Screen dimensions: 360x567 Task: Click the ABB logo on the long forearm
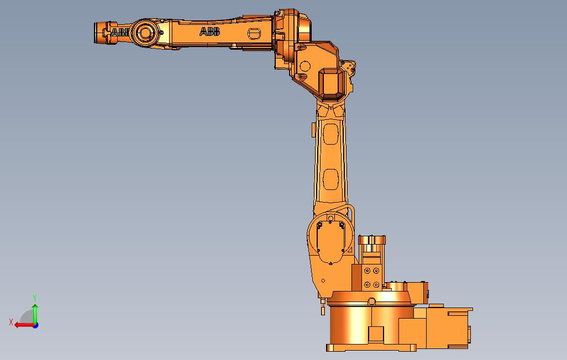pyautogui.click(x=209, y=32)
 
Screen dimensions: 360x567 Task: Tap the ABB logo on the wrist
pyautogui.click(x=119, y=33)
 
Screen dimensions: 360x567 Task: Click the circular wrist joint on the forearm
pyautogui.click(x=145, y=33)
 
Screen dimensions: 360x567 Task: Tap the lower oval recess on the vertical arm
pyautogui.click(x=330, y=179)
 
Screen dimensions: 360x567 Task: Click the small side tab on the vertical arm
pyautogui.click(x=313, y=130)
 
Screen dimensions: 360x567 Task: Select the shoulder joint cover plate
pyautogui.click(x=330, y=238)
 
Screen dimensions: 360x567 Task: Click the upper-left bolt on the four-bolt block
pyautogui.click(x=366, y=271)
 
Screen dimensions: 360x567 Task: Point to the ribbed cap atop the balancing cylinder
pyautogui.click(x=372, y=240)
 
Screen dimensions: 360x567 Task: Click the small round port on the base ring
pyautogui.click(x=372, y=301)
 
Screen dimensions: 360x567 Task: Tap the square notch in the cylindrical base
pyautogui.click(x=376, y=335)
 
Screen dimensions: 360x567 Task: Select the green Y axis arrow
pyautogui.click(x=35, y=313)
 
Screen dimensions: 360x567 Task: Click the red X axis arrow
pyautogui.click(x=23, y=325)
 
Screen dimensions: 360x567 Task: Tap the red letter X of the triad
pyautogui.click(x=11, y=322)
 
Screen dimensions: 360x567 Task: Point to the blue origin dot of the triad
pyautogui.click(x=35, y=325)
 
